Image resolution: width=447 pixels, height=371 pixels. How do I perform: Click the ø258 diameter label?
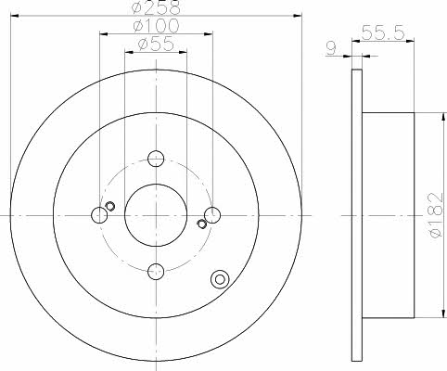[x=156, y=7]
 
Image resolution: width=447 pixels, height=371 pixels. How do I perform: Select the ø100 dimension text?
[x=156, y=26]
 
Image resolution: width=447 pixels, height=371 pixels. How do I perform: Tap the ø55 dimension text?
[x=156, y=45]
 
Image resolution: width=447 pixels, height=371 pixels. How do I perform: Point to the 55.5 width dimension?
[x=383, y=32]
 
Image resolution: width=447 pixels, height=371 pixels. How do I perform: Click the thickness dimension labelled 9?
[x=331, y=48]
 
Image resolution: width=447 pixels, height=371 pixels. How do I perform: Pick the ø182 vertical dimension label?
[x=436, y=215]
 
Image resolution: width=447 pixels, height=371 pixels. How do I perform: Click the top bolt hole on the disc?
[x=156, y=159]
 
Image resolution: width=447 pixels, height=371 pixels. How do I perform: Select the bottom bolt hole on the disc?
[x=156, y=271]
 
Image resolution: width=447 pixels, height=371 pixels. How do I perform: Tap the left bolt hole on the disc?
[x=99, y=215]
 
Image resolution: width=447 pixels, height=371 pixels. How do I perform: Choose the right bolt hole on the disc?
[x=212, y=215]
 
